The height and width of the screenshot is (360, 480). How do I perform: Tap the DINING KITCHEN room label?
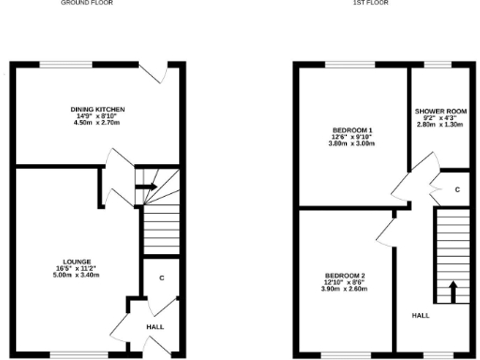coord(97,110)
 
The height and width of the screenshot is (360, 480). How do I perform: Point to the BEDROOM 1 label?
coord(332,129)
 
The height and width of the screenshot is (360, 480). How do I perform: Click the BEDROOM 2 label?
coord(338,275)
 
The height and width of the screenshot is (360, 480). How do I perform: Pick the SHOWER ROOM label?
coord(435,111)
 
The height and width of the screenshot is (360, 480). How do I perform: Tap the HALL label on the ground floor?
coord(155,326)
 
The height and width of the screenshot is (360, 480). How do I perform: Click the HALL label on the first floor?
coord(420,316)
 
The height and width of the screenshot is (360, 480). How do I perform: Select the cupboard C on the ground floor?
coord(161,277)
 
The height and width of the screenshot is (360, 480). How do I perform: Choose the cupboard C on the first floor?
coord(457,189)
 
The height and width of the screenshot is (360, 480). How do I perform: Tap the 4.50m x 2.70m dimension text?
coord(97,123)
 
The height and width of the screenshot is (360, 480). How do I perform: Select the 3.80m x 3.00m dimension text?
coord(332,143)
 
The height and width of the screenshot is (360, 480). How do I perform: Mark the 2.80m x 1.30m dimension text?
coord(435,124)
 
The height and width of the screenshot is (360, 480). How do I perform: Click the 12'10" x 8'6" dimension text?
coord(338,281)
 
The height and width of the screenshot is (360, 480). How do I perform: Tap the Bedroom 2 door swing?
coord(385,232)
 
